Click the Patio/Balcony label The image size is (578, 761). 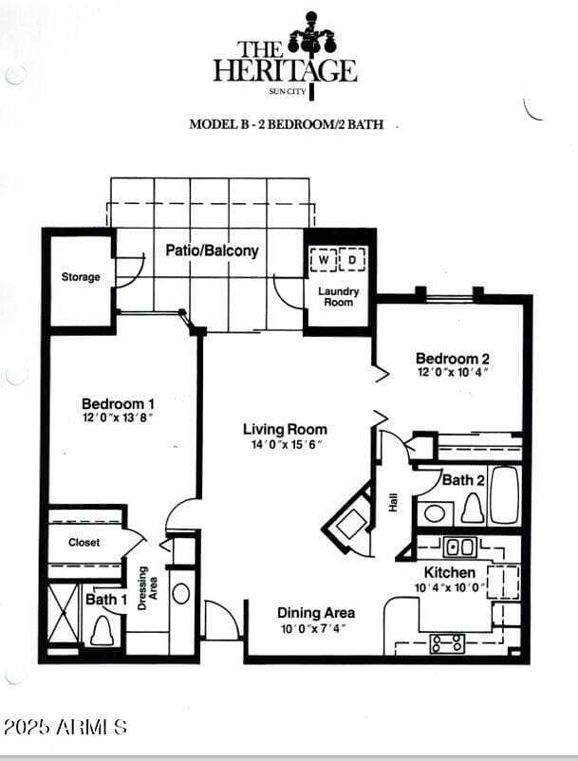click(x=212, y=251)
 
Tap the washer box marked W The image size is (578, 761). click(x=324, y=260)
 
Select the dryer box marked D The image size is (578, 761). click(x=352, y=260)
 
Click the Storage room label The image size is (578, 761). click(x=81, y=277)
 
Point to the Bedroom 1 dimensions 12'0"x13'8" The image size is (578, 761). click(x=118, y=418)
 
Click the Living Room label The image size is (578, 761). click(x=285, y=429)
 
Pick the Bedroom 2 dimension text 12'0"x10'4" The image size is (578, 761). click(x=453, y=372)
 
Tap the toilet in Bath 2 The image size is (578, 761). click(x=473, y=509)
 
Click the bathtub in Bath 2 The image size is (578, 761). click(x=504, y=495)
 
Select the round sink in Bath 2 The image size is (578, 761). click(x=435, y=513)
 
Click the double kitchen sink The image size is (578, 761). click(x=460, y=548)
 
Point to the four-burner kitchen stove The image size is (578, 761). click(x=447, y=643)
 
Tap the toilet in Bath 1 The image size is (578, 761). click(x=103, y=630)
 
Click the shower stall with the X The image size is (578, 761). click(x=63, y=613)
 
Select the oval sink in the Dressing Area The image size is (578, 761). click(x=181, y=594)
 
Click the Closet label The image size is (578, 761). click(x=84, y=543)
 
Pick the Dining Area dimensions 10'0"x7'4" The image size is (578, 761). click(x=313, y=629)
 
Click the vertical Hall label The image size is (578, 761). click(x=393, y=502)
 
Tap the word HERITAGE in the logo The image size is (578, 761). click(x=286, y=71)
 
